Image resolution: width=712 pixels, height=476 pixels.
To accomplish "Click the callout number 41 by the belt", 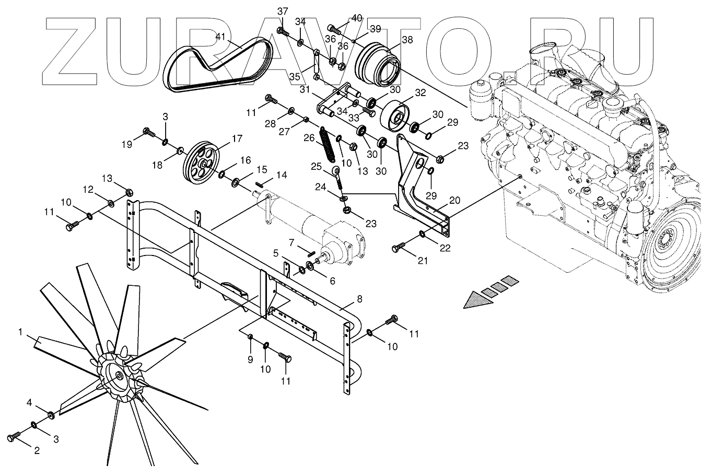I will pyautogui.click(x=220, y=37).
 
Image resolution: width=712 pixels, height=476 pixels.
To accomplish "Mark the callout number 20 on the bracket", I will pyautogui.click(x=454, y=200).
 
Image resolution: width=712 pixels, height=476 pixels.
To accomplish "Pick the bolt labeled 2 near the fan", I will pyautogui.click(x=15, y=435).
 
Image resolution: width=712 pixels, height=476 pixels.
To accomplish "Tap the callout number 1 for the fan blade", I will pyautogui.click(x=20, y=331).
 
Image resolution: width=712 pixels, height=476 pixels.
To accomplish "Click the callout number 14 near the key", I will pyautogui.click(x=282, y=175).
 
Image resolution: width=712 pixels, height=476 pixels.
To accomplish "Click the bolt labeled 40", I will pyautogui.click(x=334, y=28).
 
